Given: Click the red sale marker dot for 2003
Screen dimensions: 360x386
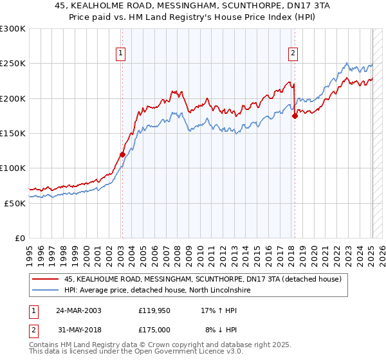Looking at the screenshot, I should coord(122,154).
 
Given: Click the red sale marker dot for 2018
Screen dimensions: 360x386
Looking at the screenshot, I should coord(295,116).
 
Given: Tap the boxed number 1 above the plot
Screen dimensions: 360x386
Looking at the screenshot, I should coord(121,53).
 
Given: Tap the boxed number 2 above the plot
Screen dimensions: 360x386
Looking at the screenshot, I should coord(293,53).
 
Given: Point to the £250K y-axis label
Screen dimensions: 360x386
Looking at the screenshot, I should coord(13,64).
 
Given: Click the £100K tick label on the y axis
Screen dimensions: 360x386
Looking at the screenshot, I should coord(13,168).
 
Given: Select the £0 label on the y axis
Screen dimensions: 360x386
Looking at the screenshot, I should coord(20,238).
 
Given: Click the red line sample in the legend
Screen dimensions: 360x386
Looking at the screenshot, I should coord(46,279).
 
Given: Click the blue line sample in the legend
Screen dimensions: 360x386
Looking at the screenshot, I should coord(46,291).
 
